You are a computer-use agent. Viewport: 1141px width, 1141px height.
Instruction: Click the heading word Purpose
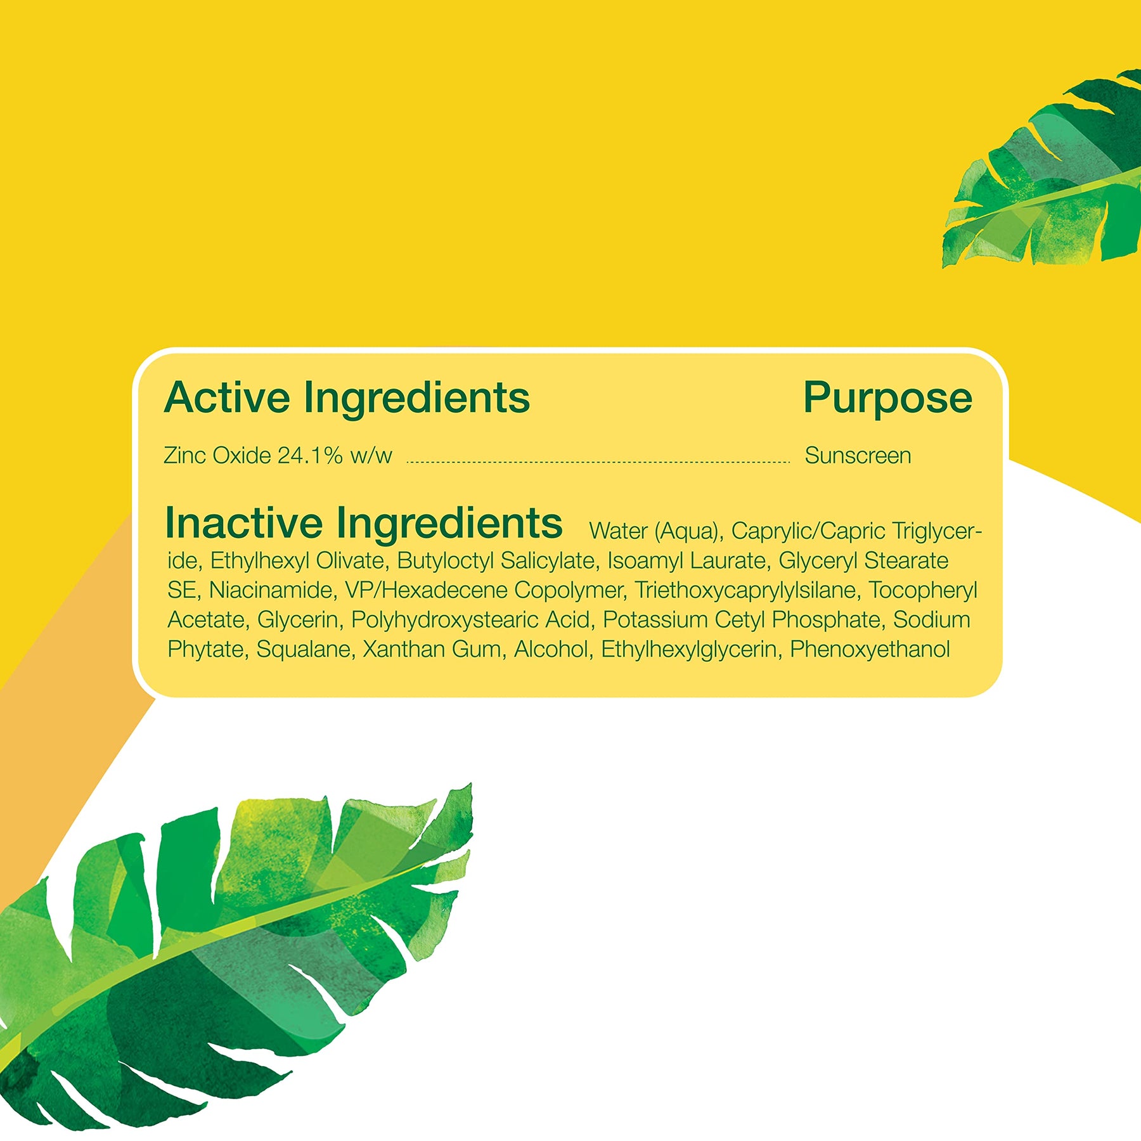[887, 399]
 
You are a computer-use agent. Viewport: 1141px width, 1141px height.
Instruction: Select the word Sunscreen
[858, 456]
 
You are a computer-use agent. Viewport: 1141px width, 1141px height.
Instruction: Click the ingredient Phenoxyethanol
[870, 649]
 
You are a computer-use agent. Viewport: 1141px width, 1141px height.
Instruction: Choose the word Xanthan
[399, 649]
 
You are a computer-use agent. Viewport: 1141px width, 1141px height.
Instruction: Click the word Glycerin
[297, 620]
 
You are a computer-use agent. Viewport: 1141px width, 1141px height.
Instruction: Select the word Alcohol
[553, 649]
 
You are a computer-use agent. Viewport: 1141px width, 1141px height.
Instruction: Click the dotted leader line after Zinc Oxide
[598, 462]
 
